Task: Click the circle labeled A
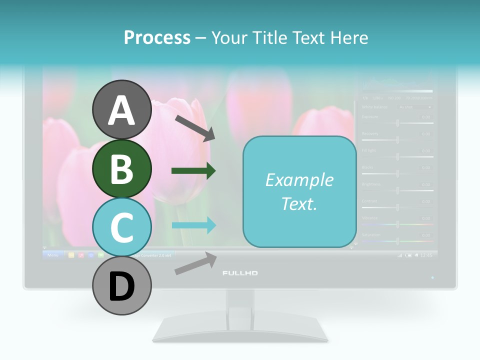pos(121,109)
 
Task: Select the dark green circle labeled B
pos(121,168)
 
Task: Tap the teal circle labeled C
pos(121,227)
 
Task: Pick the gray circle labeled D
pos(121,285)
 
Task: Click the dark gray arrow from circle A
pos(195,127)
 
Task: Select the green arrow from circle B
pos(193,171)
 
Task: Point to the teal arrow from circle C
pos(193,225)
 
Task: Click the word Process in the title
pos(157,37)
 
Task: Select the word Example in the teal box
pos(299,180)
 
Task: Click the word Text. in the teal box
pos(299,203)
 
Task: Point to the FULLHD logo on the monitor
pos(240,273)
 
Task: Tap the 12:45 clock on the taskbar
pos(426,255)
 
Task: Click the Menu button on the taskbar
pos(52,255)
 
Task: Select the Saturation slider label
pos(371,234)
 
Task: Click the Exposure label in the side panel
pos(370,116)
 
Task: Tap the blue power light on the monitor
pos(432,277)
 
